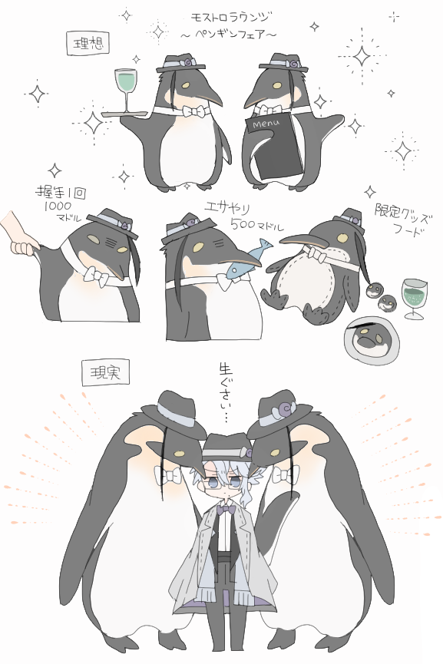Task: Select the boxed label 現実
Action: coord(104,373)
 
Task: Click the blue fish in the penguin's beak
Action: coord(247,257)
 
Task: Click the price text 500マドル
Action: coord(257,225)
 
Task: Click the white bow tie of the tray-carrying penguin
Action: coord(196,112)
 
